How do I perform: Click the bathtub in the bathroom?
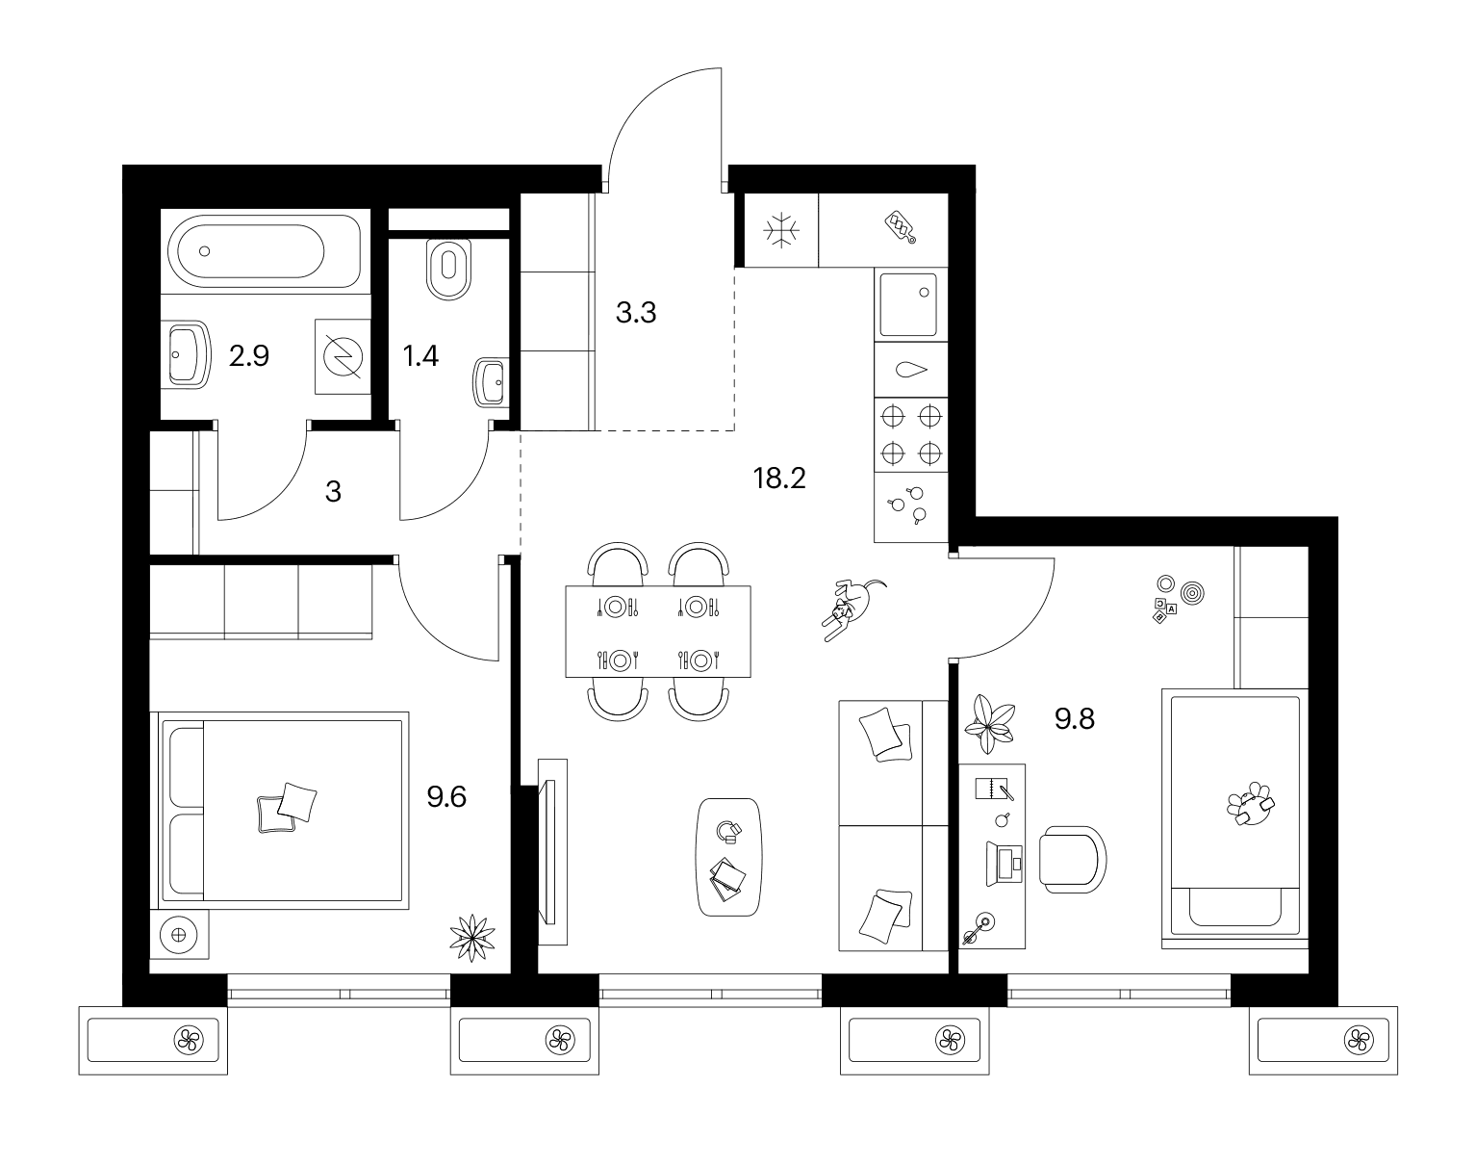click(x=266, y=251)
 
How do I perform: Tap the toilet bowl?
click(x=449, y=269)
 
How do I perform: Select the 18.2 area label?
click(x=779, y=479)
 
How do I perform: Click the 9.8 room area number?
click(x=1074, y=719)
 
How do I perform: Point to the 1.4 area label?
click(x=420, y=356)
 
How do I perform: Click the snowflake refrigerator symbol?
click(x=781, y=230)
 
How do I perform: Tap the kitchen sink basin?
click(x=909, y=304)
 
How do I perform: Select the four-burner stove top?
click(x=911, y=435)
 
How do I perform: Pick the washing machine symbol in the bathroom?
click(x=343, y=357)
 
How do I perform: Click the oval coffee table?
click(x=728, y=857)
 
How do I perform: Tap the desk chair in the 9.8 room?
click(x=1073, y=859)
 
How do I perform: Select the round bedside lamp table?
click(x=179, y=934)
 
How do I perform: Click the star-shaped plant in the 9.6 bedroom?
click(x=472, y=938)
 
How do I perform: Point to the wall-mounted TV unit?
click(x=551, y=851)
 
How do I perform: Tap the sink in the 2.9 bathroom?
click(x=187, y=354)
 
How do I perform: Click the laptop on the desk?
click(x=1005, y=863)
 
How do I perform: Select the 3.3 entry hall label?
click(x=636, y=313)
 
